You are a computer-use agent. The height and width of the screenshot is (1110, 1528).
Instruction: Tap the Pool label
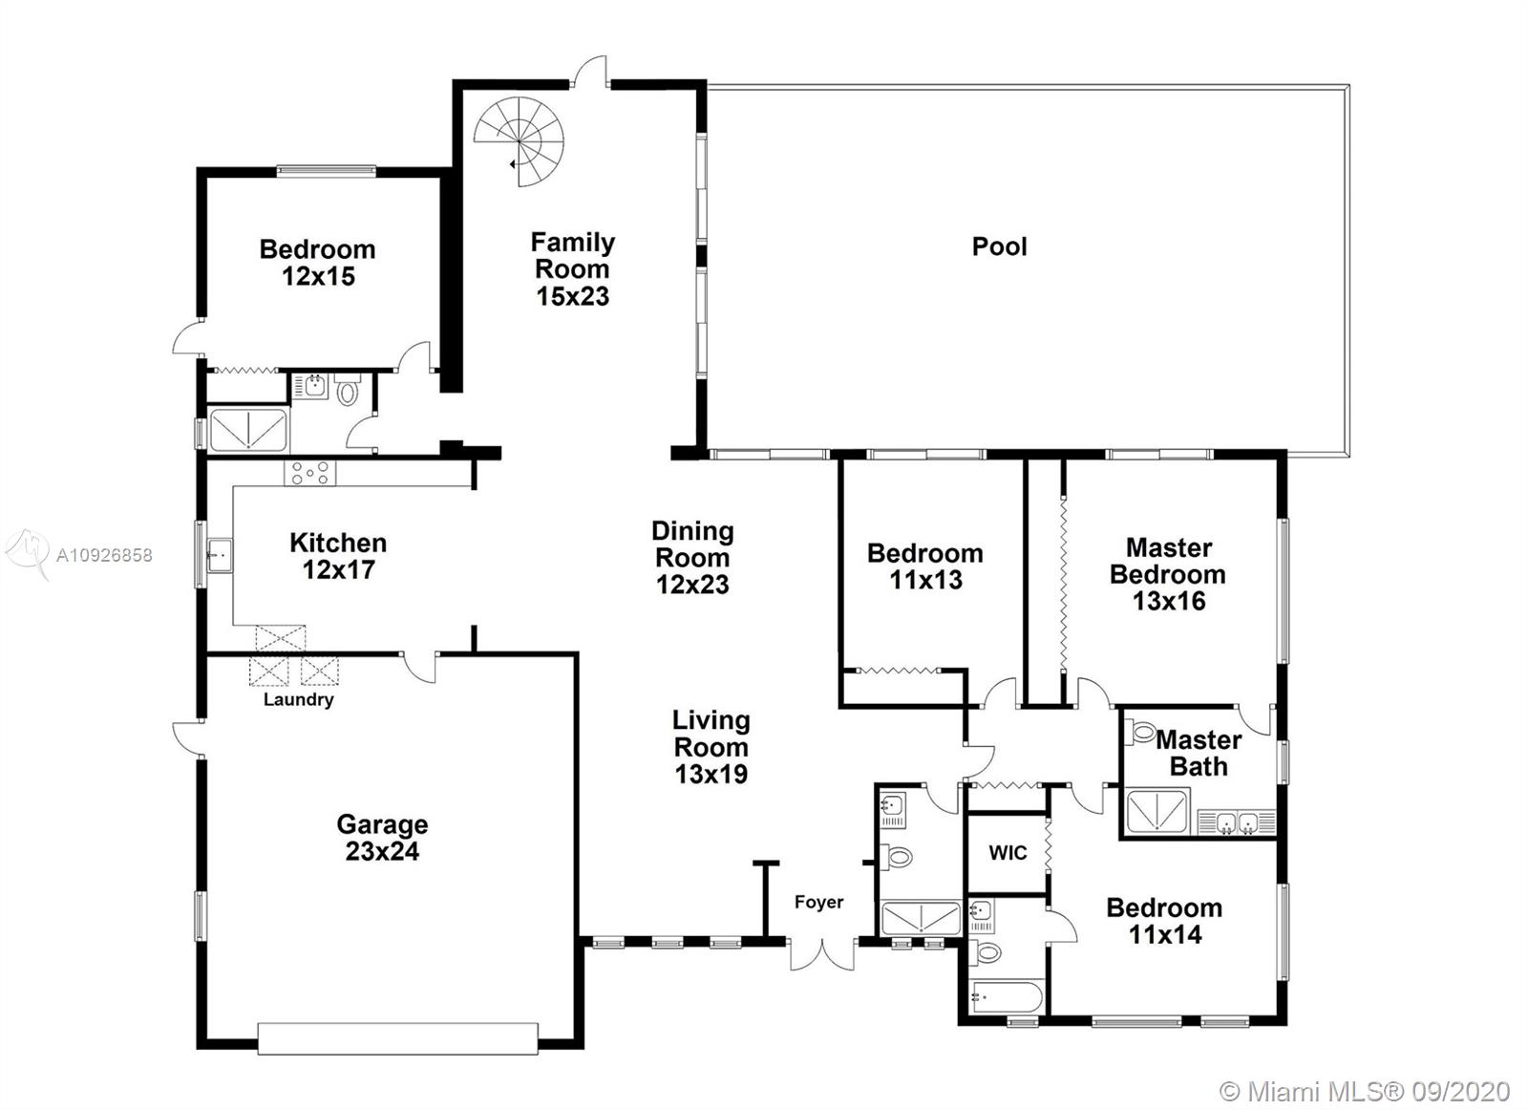pos(999,246)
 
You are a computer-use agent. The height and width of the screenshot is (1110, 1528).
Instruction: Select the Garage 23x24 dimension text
pos(382,851)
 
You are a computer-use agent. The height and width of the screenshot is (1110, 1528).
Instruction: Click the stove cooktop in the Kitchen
pos(309,473)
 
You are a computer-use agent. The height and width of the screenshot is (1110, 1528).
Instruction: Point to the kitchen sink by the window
pos(220,555)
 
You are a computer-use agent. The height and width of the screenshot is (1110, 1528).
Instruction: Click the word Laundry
pos(299,699)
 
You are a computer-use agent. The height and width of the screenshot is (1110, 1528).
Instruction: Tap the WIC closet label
pos(1008,853)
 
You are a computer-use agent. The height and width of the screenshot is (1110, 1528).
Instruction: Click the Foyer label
pos(818,902)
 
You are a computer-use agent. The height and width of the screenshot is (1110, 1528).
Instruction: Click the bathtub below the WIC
pos(1007,998)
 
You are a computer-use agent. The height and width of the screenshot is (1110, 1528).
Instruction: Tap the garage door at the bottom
pos(397,1038)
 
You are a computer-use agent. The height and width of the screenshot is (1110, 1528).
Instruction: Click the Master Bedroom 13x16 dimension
pos(1169,600)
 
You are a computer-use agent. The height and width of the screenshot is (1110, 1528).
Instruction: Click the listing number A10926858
pos(104,555)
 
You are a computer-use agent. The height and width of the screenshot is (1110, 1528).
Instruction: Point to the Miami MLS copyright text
pos(1365,1092)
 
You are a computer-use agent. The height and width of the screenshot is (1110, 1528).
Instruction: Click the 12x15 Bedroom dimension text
pos(319,276)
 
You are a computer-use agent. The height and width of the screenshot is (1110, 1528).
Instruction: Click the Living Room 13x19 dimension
pos(711,774)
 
